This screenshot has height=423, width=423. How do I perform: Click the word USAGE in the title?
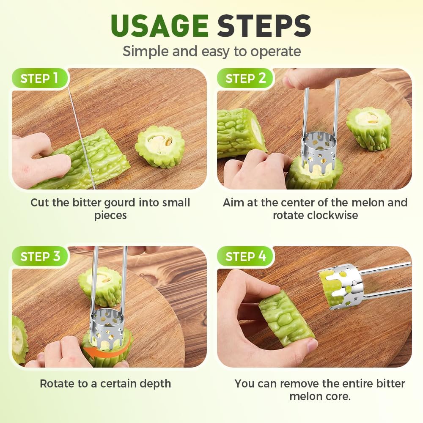coord(159,26)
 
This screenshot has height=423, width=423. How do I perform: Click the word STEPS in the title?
coord(264,26)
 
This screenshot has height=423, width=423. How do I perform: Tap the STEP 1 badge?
coord(39,78)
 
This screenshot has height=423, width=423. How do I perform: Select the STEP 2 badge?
coord(245,78)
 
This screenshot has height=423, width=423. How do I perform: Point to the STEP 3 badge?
coord(40,256)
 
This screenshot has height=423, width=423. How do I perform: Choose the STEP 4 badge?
coord(245,256)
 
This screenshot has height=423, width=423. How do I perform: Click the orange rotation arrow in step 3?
coord(108,351)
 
